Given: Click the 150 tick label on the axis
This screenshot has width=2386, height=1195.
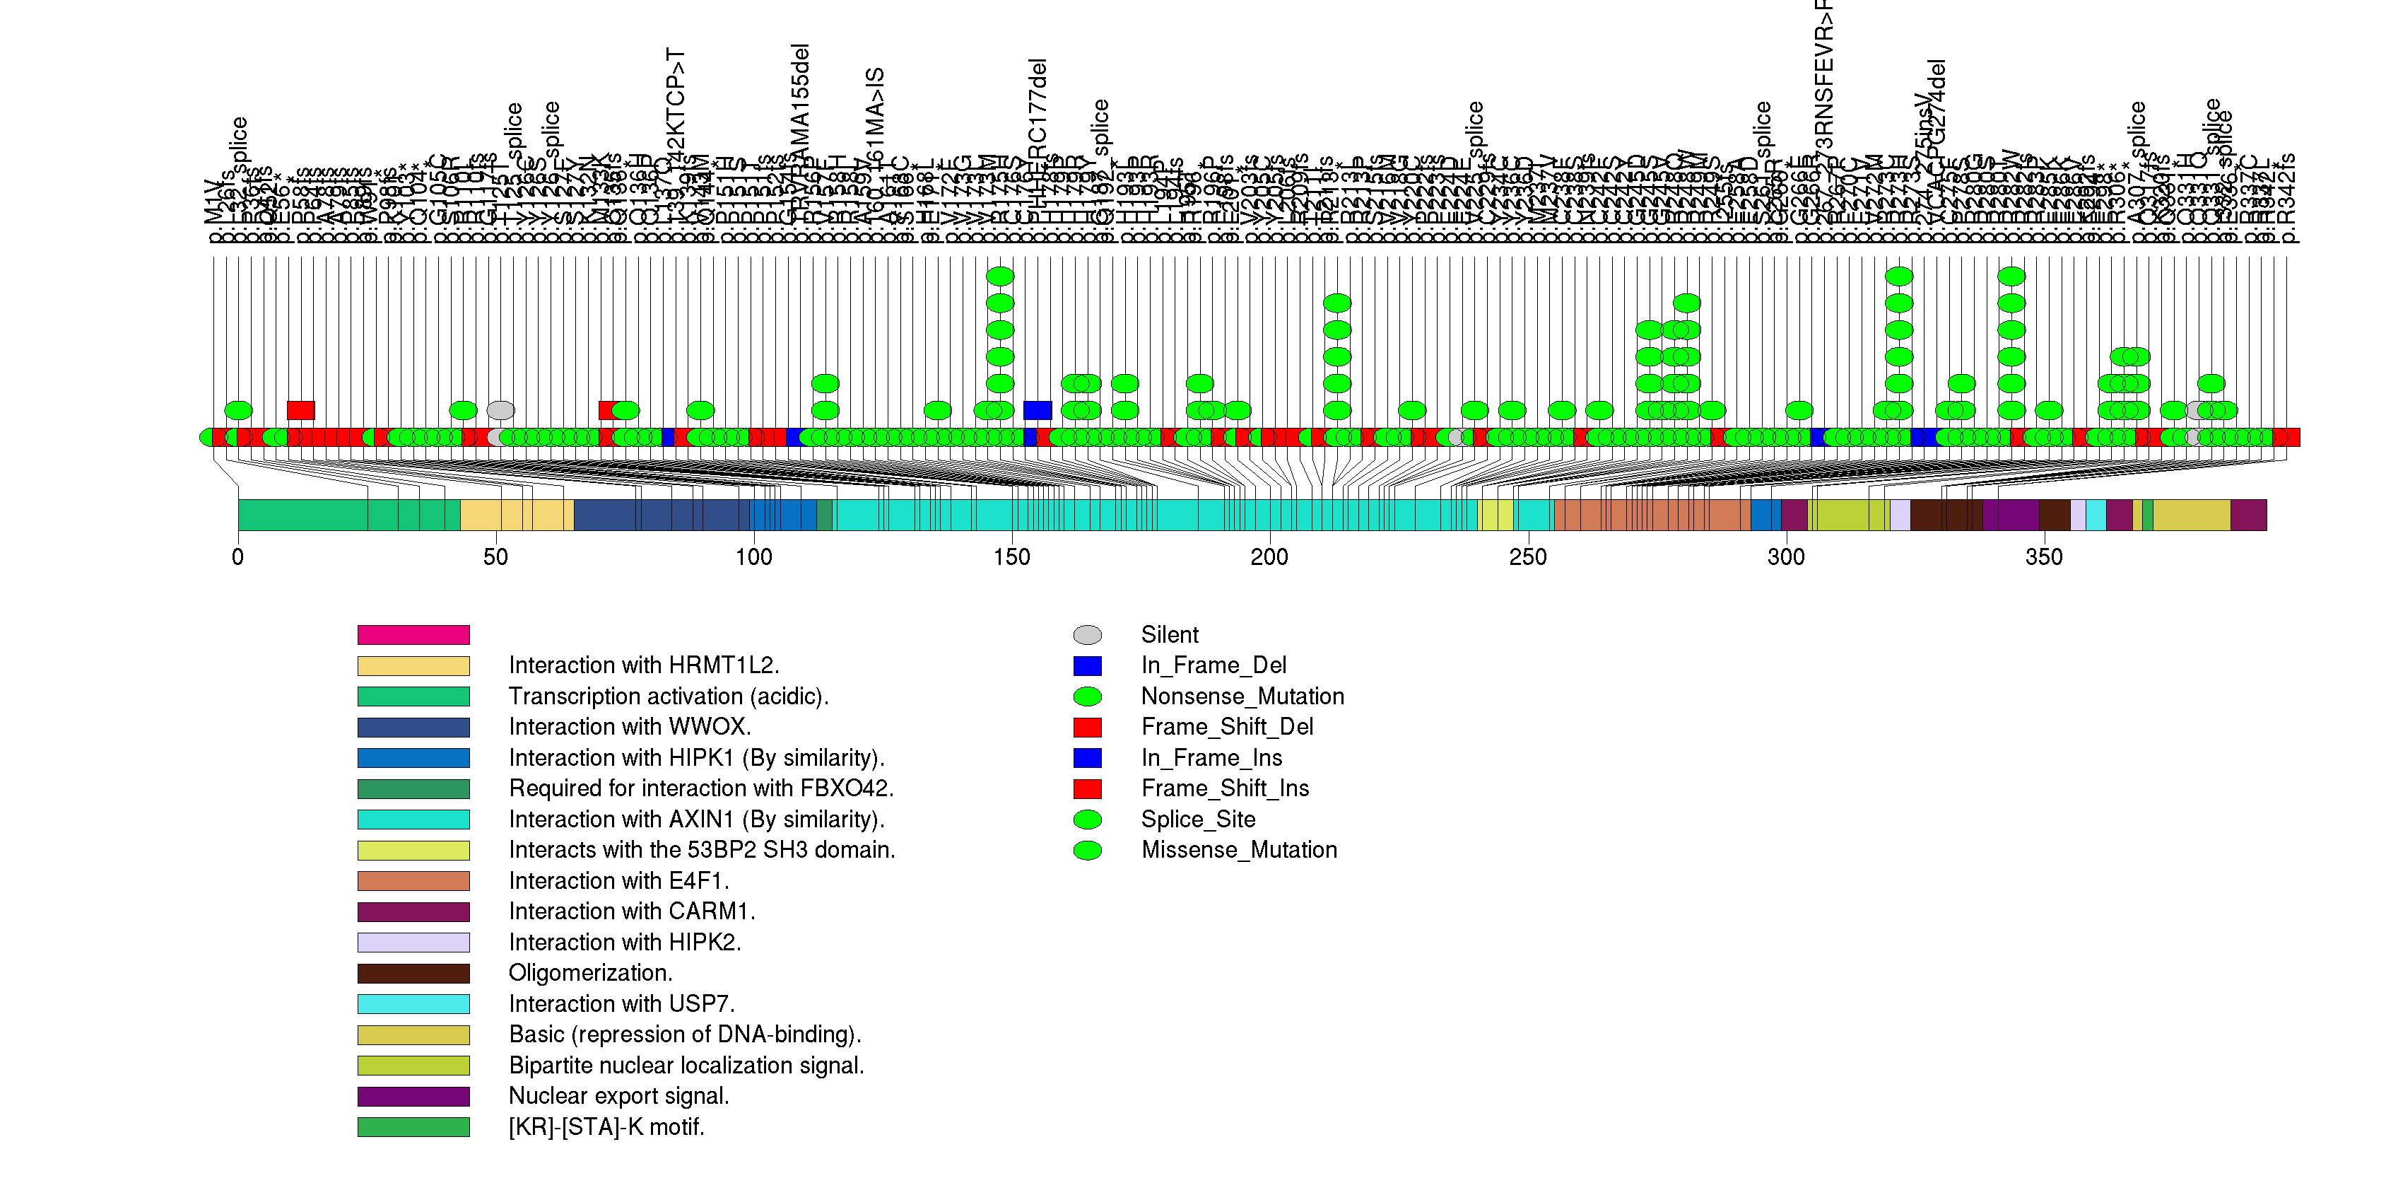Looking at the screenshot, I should coord(1011,558).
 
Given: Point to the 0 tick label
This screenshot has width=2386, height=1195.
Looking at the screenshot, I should coord(238,558).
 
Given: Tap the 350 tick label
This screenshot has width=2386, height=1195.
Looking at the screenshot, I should coord(2043,558).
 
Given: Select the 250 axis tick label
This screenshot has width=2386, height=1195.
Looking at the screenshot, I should coord(1527,558).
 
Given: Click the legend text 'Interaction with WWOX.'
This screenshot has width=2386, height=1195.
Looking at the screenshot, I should coord(629,727).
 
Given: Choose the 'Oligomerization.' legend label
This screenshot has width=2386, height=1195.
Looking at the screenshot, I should coord(590,974).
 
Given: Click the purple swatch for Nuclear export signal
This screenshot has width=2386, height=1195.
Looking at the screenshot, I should coord(413,1097).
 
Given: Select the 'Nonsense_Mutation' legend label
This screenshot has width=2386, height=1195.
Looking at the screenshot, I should coord(1242,696).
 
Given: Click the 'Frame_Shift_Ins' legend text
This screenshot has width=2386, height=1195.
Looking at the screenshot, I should coord(1225,788).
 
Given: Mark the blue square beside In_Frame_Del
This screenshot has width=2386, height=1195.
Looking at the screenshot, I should coord(1088,666).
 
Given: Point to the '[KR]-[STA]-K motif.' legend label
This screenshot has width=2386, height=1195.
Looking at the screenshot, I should coord(606,1127).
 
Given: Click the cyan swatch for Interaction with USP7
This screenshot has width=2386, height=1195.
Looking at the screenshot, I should coord(413,1004).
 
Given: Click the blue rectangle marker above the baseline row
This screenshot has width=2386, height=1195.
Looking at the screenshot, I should coord(1038,410).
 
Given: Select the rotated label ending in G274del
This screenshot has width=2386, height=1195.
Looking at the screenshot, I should coord(1937,102).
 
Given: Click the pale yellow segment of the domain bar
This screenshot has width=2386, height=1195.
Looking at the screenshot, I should coord(516,515).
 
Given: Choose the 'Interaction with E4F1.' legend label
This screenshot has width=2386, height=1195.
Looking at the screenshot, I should coord(618,881).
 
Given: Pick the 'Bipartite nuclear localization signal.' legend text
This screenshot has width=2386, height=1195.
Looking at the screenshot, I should coord(686,1066).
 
